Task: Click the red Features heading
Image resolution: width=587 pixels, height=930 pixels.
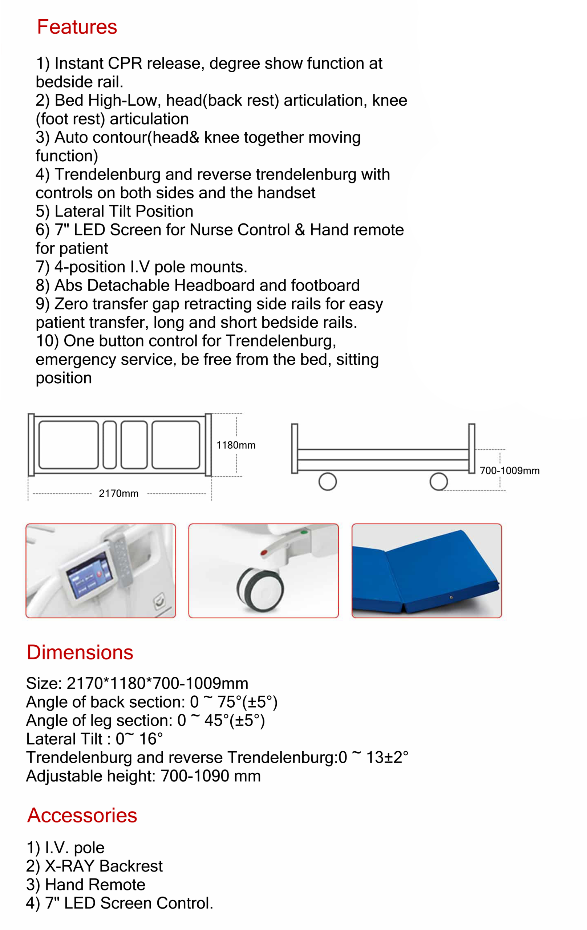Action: pyautogui.click(x=77, y=27)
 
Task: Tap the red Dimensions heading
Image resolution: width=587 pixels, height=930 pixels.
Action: pyautogui.click(x=80, y=652)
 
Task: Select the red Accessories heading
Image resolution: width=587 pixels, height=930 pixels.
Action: pyautogui.click(x=82, y=815)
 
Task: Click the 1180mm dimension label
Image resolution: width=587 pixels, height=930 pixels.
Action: pyautogui.click(x=236, y=445)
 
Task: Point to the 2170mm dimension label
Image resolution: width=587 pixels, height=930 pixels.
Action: pyautogui.click(x=118, y=494)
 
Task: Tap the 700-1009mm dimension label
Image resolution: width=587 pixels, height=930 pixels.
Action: pyautogui.click(x=509, y=471)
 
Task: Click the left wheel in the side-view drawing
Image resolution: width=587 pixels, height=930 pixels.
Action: pyautogui.click(x=328, y=482)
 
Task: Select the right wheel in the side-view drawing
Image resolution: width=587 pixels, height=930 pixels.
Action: pyautogui.click(x=438, y=482)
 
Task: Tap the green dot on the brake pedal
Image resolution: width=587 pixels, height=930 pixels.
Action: pyautogui.click(x=304, y=533)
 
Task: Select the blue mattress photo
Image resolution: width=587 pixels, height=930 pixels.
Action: pyautogui.click(x=426, y=571)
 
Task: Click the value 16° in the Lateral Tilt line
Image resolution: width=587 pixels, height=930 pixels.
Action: pyautogui.click(x=151, y=739)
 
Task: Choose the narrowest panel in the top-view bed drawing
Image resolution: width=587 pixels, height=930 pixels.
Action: pyautogui.click(x=110, y=445)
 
